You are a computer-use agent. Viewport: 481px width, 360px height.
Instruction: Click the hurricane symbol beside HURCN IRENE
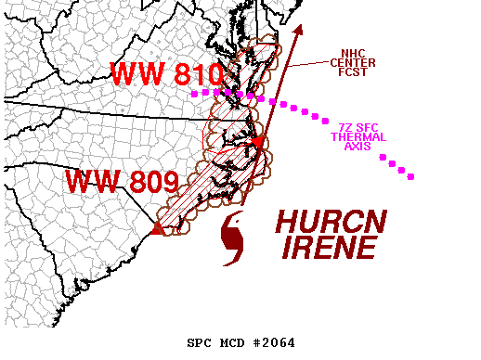coord(235,238)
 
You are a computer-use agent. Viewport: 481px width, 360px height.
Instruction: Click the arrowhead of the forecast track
coord(299,31)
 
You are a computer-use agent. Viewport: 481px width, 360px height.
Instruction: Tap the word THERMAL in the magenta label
coord(358,137)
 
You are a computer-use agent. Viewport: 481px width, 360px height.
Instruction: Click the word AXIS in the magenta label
coord(358,147)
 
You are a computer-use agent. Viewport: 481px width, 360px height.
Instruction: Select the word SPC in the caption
coord(199,342)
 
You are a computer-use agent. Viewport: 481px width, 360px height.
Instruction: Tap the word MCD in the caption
coord(231,342)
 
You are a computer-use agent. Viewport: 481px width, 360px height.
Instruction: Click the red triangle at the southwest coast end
coord(158,228)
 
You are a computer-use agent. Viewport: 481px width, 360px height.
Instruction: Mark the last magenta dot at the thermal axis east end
coord(411,176)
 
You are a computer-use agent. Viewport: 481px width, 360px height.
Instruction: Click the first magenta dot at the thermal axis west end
coord(193,94)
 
